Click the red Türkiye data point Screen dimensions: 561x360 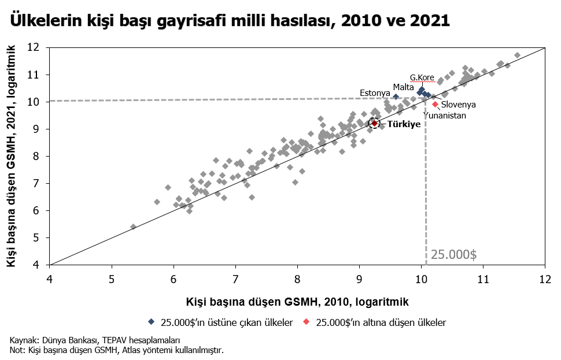tap(374, 123)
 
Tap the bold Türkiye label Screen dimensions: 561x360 tap(404, 125)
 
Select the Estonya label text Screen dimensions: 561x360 tap(375, 93)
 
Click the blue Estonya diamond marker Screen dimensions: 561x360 tap(396, 97)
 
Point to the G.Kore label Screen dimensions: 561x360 tap(422, 77)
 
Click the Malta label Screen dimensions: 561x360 tap(403, 87)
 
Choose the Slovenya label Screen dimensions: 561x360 tap(458, 105)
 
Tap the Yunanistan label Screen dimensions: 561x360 tap(445, 116)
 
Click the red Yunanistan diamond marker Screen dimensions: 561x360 tap(435, 105)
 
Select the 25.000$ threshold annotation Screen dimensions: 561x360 tap(453, 254)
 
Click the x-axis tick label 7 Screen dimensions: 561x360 tap(235, 279)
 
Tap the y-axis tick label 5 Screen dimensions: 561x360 tap(36, 237)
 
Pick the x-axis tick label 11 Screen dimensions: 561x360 tap(483, 279)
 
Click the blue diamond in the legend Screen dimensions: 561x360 tap(152, 322)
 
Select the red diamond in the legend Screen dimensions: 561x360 tap(307, 322)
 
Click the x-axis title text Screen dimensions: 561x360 tap(297, 302)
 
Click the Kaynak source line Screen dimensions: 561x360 tap(94, 340)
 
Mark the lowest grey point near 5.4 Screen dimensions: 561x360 tap(133, 227)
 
